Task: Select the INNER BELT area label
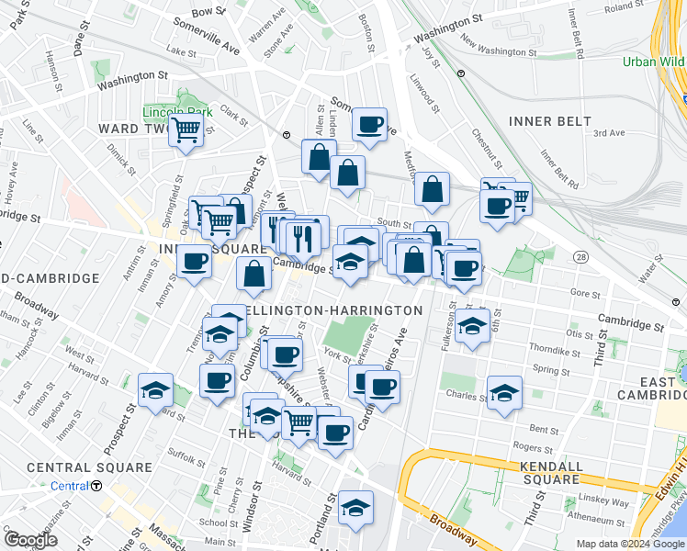coord(542,121)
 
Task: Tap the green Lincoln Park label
coord(177,112)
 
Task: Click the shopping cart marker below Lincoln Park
coord(186,131)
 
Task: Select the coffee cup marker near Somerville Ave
coord(369,124)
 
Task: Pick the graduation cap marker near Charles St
coord(504,393)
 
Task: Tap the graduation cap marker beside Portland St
coord(355,508)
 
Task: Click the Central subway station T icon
coord(96,486)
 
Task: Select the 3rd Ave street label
coord(608,133)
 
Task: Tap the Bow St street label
coord(208,11)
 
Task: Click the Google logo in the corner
coord(31,539)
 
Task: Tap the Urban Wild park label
coord(653,62)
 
